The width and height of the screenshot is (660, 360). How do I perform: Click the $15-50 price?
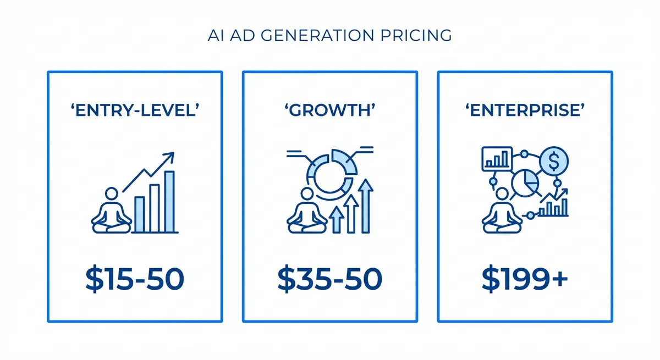pos(135,279)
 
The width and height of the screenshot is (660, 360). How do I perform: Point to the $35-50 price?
pos(330,279)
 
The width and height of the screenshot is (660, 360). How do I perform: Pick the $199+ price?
pos(525,279)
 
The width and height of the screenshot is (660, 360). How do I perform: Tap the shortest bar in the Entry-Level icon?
pos(140,214)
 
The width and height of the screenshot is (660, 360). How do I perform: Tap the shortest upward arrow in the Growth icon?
pos(337,220)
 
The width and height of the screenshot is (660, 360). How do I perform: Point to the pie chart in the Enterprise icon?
pos(526,184)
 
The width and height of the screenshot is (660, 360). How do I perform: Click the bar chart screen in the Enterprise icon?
pos(497,158)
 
